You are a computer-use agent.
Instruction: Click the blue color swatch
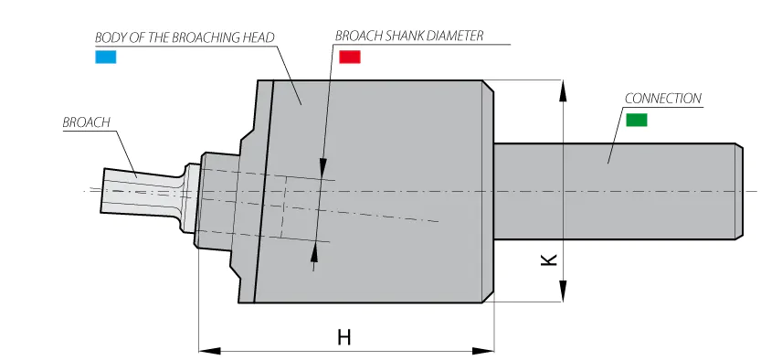click(105, 57)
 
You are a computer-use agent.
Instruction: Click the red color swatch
click(349, 57)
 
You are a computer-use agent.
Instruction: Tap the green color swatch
click(636, 120)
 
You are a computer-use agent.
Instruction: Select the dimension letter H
click(344, 337)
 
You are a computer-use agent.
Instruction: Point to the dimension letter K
click(549, 260)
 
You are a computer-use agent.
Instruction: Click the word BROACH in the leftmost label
click(87, 122)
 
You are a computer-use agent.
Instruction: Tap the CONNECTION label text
click(663, 99)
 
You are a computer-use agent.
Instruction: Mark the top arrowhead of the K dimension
click(563, 90)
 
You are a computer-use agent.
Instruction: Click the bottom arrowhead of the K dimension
click(563, 291)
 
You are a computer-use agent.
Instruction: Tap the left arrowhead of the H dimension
click(210, 350)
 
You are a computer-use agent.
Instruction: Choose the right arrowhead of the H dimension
click(483, 350)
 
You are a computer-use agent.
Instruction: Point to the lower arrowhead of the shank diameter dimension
click(314, 253)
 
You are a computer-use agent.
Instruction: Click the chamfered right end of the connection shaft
click(739, 191)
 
